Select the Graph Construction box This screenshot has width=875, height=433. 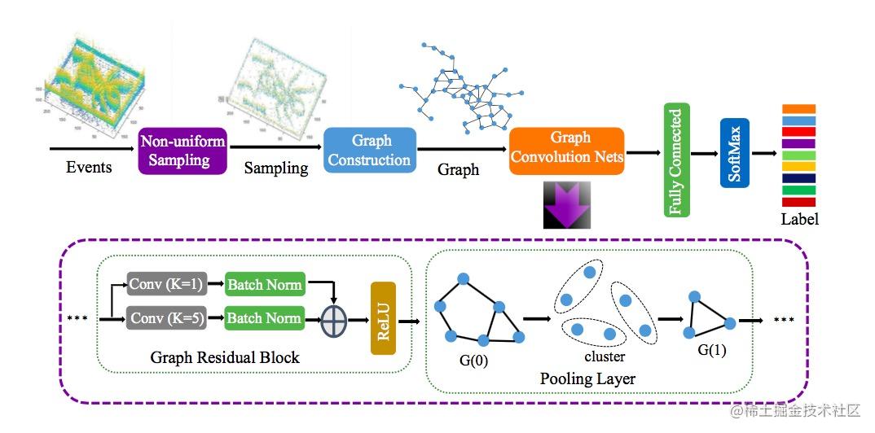click(370, 150)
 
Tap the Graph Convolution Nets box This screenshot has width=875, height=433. click(567, 148)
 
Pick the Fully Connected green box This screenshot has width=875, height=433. click(676, 160)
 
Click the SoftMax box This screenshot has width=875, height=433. click(734, 152)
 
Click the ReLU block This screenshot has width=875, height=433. click(382, 318)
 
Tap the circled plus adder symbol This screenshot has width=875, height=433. click(333, 320)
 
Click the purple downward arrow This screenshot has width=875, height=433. click(567, 204)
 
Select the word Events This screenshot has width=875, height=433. click(90, 168)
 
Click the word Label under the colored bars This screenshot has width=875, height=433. click(799, 219)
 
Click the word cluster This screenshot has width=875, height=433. click(604, 357)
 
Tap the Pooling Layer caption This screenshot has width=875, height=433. click(587, 378)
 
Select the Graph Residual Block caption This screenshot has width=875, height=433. click(225, 357)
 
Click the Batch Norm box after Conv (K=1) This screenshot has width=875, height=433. click(264, 284)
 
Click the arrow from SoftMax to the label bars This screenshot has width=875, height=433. click(763, 152)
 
